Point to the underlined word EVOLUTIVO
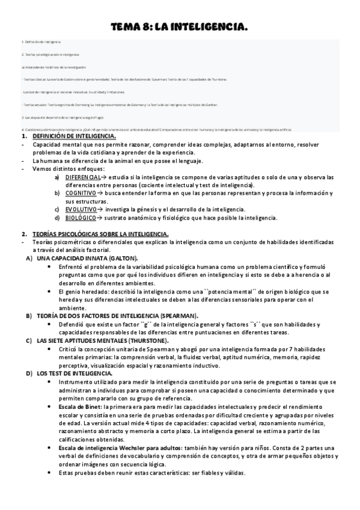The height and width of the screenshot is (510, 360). point(81,209)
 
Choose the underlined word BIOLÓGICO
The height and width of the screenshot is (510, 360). point(81,217)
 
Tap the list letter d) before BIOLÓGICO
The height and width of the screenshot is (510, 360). point(57,217)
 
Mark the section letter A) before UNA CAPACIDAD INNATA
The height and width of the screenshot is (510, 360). point(29,257)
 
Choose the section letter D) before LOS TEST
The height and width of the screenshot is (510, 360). point(29,373)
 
